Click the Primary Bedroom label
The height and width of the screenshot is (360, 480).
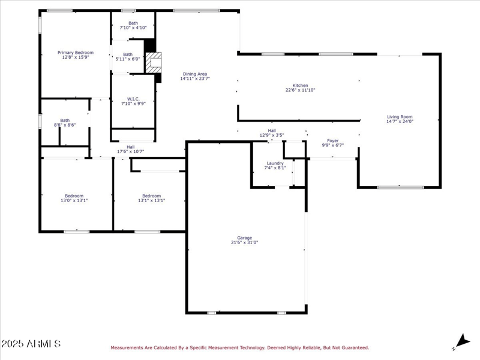point(75,53)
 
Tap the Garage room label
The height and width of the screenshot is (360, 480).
point(244,238)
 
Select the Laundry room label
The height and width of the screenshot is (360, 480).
point(275,163)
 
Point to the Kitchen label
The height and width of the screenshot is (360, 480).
point(300,85)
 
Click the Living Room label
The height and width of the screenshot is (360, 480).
point(400,117)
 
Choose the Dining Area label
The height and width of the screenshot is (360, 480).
point(195,74)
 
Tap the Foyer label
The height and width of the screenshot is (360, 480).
point(332,140)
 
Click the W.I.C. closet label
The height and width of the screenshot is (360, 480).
point(133,99)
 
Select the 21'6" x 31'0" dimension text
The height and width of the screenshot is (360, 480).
point(244,243)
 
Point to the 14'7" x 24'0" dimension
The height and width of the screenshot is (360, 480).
point(400,122)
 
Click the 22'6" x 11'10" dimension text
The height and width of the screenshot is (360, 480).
point(300,90)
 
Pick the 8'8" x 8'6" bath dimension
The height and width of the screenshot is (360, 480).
point(65,125)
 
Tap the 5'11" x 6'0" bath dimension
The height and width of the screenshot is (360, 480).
point(128,59)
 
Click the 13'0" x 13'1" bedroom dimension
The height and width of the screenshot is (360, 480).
point(74,200)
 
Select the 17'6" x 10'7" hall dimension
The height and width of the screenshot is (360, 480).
point(130,151)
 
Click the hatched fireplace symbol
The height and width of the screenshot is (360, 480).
point(155,62)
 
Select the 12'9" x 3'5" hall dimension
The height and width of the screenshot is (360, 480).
point(272,135)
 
